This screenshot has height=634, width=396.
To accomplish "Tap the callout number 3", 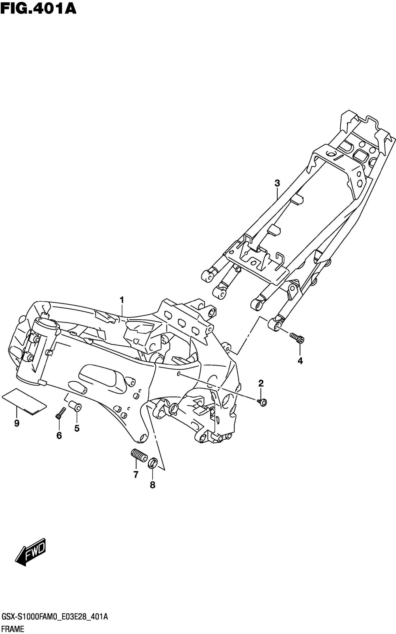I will tap(277, 183).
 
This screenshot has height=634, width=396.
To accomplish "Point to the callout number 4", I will tap(300, 361).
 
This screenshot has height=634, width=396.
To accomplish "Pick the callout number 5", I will tap(77, 428).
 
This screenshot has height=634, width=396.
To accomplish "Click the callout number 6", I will tap(59, 436).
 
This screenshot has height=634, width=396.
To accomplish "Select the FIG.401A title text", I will tap(38, 9).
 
